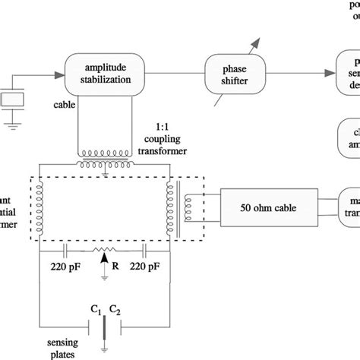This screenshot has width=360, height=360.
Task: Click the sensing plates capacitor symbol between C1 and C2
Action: click(104, 322)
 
